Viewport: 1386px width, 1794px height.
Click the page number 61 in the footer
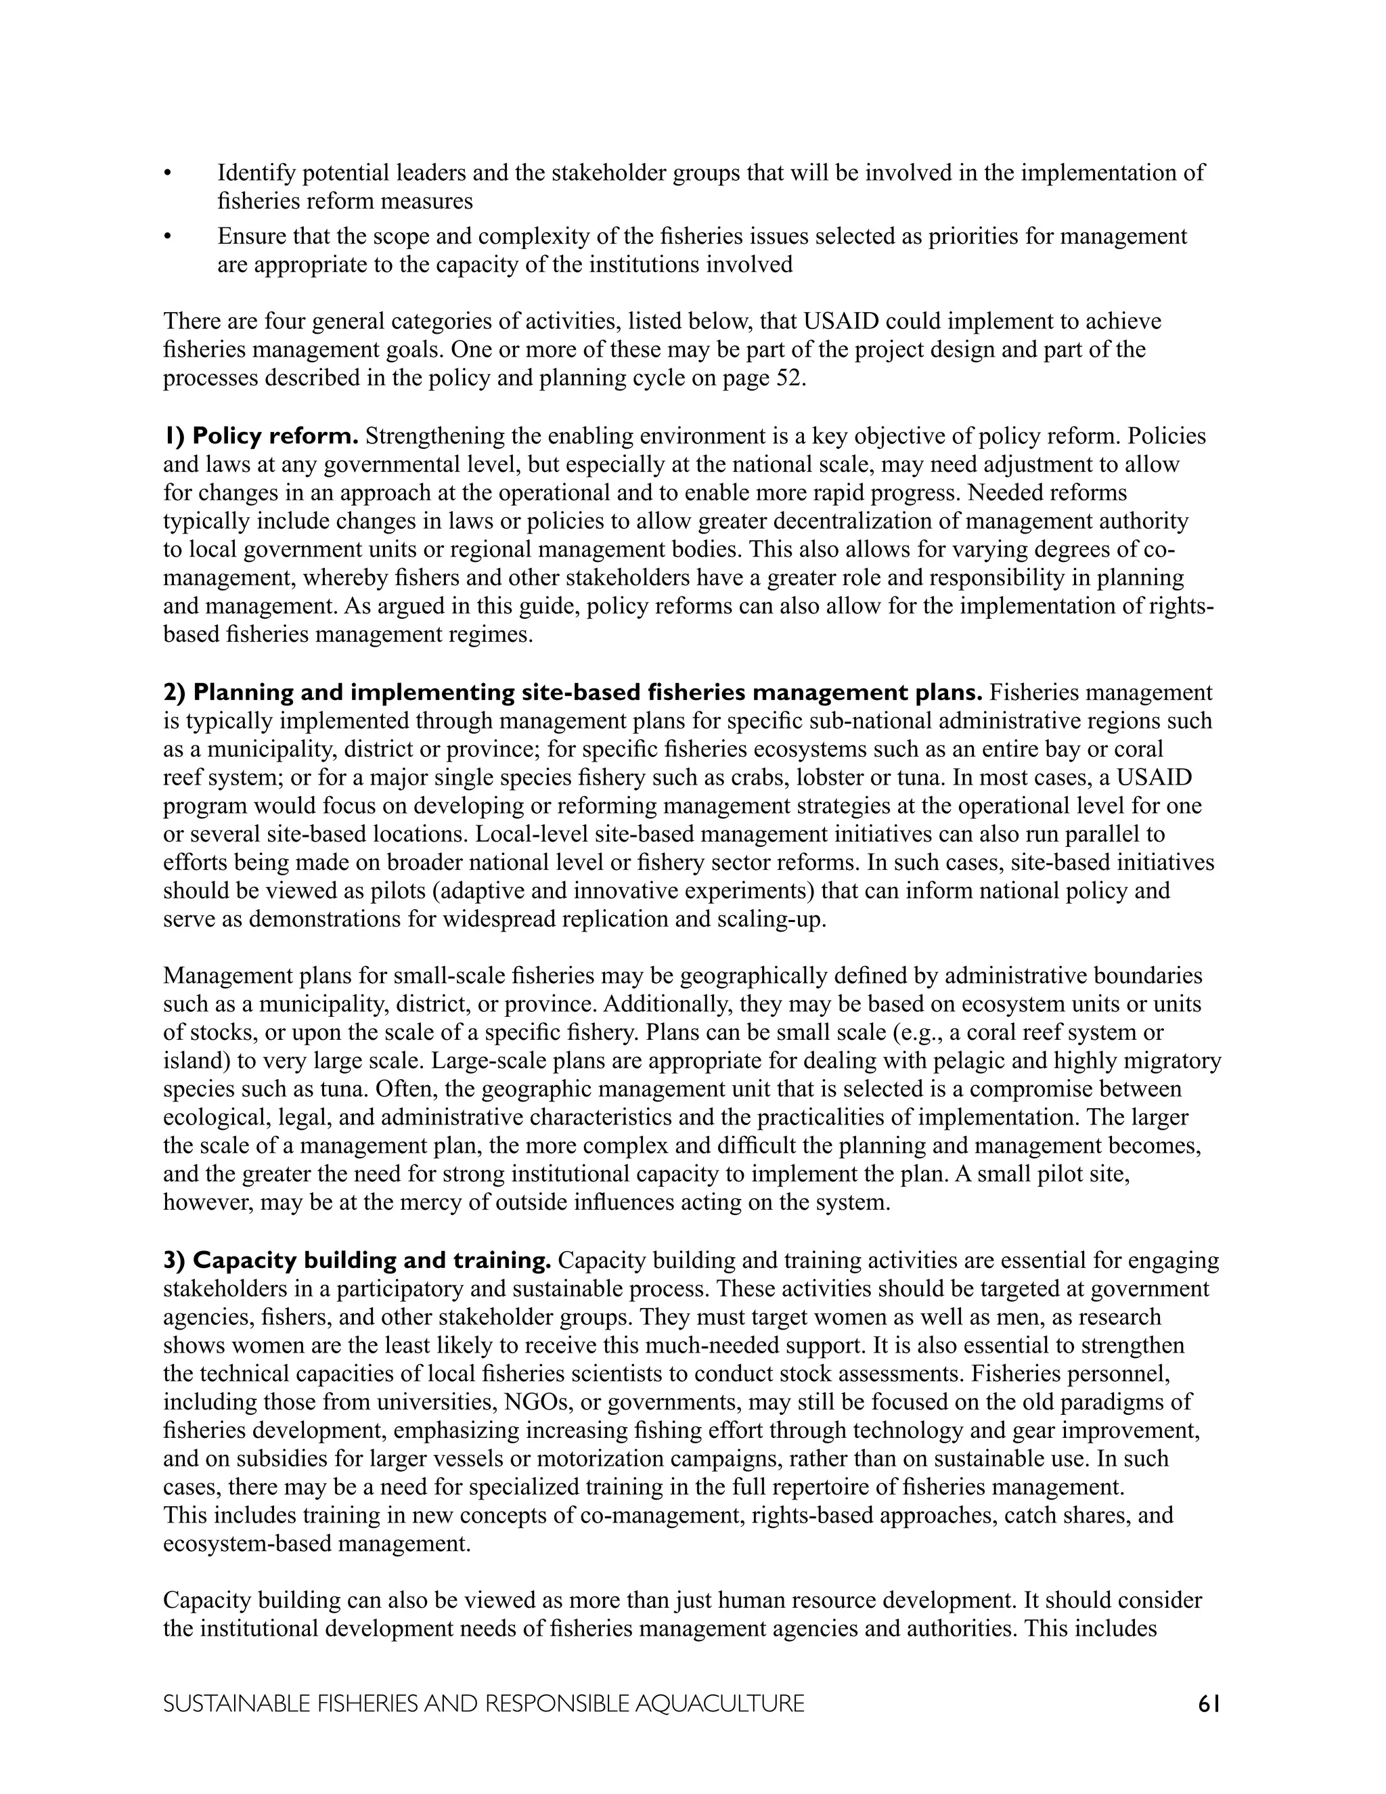tap(1209, 1704)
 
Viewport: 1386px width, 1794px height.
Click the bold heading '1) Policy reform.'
tap(261, 435)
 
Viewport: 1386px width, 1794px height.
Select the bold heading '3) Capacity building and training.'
tap(357, 1260)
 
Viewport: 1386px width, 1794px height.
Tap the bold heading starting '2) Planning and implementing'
tap(573, 693)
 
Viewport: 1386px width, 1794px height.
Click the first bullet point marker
tap(169, 174)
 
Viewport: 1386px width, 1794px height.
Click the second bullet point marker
tap(169, 238)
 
